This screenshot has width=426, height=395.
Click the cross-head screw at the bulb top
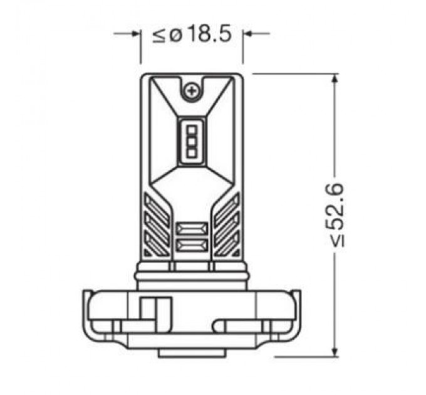[192, 92]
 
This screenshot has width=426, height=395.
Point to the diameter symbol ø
[175, 35]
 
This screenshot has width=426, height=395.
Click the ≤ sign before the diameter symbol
[159, 35]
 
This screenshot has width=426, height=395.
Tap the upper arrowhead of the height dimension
[336, 79]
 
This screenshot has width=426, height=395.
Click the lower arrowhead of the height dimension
[336, 352]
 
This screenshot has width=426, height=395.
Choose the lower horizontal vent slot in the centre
[191, 245]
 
